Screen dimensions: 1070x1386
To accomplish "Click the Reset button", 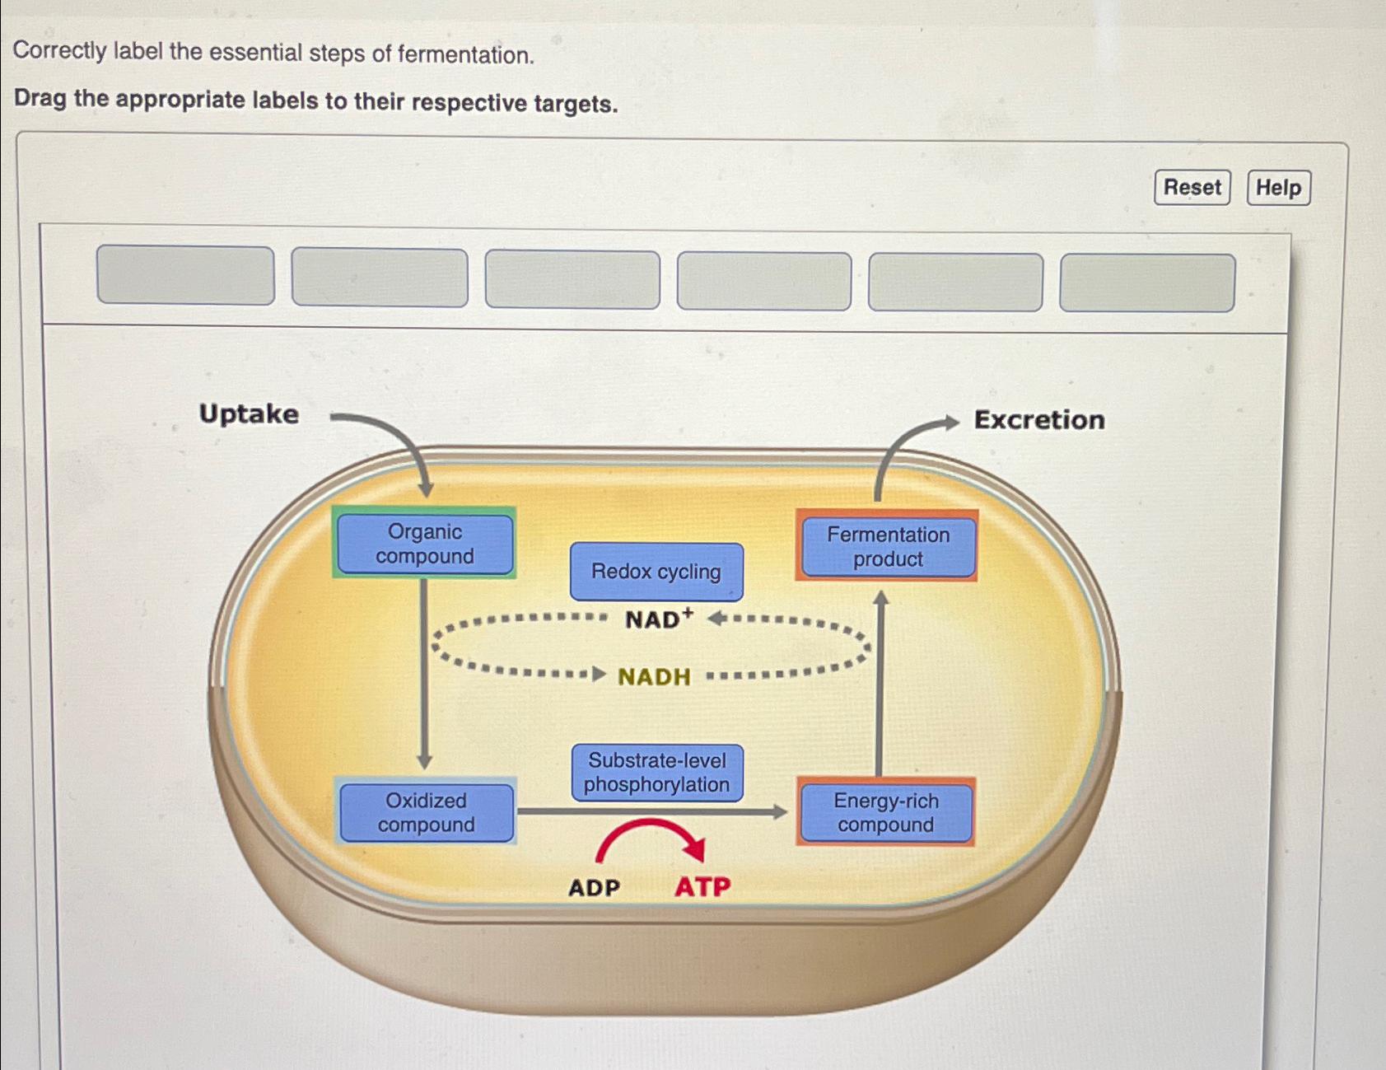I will pos(1192,188).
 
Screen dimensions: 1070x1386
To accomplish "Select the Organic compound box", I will pos(424,544).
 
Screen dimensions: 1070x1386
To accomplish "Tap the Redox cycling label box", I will pos(656,572).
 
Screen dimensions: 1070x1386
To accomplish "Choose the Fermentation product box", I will pos(888,546).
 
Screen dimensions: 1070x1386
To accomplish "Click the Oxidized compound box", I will pos(426,812).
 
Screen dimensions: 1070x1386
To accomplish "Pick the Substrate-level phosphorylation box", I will pos(656,773).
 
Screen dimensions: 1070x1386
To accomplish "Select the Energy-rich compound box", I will pos(885,812).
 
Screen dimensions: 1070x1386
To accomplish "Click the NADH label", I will pos(654,677).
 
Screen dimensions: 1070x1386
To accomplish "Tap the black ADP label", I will pos(594,888).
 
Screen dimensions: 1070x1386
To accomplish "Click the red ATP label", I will pos(702,887).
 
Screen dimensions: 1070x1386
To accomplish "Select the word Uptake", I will pos(249,414).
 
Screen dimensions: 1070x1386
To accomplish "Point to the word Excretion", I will pos(1039,420).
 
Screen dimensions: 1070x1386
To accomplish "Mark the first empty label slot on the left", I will pos(185,275).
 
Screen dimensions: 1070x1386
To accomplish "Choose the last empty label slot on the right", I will pos(1146,283).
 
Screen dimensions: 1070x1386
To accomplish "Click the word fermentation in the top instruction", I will pos(465,55).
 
